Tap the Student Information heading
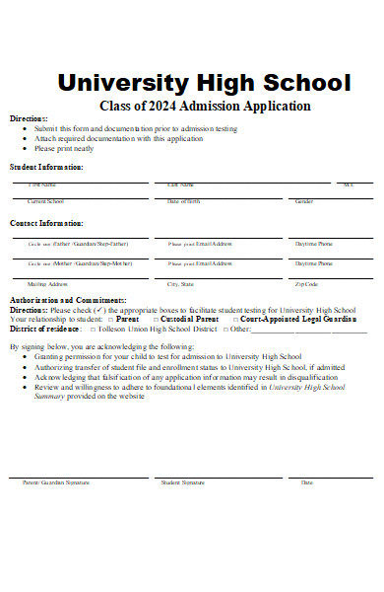pyautogui.click(x=46, y=167)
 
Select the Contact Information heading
pyautogui.click(x=46, y=223)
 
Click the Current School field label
pyautogui.click(x=46, y=201)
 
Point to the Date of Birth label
pyautogui.click(x=183, y=201)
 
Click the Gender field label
pyautogui.click(x=304, y=201)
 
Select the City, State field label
pyautogui.click(x=180, y=284)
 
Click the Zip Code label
pyautogui.click(x=306, y=284)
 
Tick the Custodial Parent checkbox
pyautogui.click(x=156, y=320)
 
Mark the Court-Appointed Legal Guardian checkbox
pyautogui.click(x=235, y=320)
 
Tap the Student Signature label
pyautogui.click(x=182, y=482)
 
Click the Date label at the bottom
pyautogui.click(x=306, y=482)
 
